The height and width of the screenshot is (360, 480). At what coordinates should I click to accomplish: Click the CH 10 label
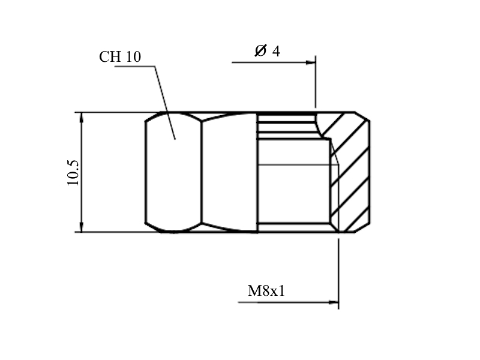point(120,57)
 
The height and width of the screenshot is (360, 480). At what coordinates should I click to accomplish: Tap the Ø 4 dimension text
point(267,51)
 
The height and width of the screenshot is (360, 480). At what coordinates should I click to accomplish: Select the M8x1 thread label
point(266,291)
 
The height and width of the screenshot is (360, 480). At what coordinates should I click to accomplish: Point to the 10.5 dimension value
point(73,173)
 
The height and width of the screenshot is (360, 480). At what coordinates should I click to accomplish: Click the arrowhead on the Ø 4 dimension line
point(311,62)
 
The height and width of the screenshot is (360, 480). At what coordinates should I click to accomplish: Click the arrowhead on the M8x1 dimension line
point(334,302)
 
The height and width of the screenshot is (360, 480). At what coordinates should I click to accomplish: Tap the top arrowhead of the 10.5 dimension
point(82,117)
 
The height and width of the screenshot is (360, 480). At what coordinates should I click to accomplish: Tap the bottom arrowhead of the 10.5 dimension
point(82,227)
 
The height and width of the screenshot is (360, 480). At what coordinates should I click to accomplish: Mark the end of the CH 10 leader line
point(175,139)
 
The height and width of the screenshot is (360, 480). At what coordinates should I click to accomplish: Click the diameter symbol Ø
point(260,51)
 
